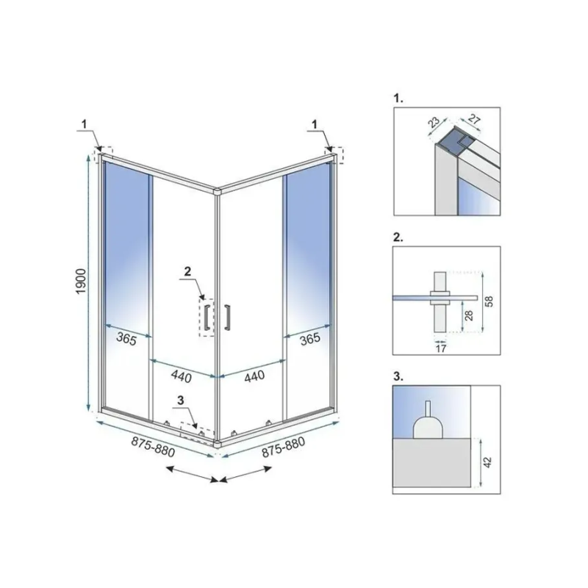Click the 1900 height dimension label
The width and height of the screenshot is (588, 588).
pos(82,282)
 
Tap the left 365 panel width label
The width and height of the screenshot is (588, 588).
pos(126,339)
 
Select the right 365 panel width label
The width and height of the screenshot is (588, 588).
pos(310,339)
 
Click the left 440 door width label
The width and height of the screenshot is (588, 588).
pos(182,376)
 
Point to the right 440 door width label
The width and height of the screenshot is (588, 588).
pos(254,376)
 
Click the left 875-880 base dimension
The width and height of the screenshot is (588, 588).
pos(153,447)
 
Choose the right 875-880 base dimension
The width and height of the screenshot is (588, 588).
pos(284,447)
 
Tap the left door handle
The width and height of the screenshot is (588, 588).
pos(207,318)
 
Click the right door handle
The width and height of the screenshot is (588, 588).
pos(227,318)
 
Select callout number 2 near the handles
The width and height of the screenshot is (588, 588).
pos(187,271)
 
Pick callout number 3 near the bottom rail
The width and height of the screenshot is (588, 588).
pos(181,401)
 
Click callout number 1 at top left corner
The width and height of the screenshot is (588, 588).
pos(85,123)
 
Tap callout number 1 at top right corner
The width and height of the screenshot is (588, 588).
pos(315,123)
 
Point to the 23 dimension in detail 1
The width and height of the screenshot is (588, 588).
pos(434,122)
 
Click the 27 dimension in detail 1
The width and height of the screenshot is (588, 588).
pos(474,120)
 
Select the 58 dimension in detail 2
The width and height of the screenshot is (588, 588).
pos(489,301)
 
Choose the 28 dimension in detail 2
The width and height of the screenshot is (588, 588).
pos(469,315)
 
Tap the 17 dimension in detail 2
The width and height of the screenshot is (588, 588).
pos(441,348)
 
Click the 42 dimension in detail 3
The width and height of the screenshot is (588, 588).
pos(487,462)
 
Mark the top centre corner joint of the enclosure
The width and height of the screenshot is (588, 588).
pos(217,191)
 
